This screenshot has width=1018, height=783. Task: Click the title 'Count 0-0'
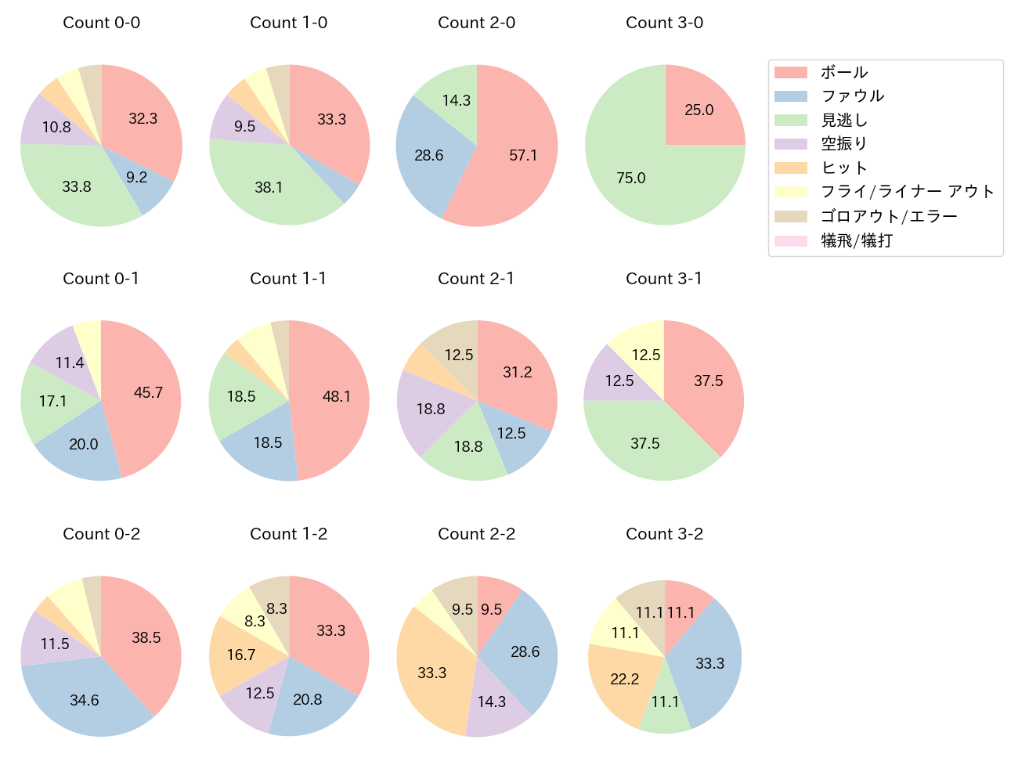pos(101,23)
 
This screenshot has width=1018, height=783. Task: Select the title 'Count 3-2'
pos(664,534)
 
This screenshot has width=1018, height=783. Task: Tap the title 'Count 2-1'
pos(476,279)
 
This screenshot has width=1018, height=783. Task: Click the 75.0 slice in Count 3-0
pos(631,178)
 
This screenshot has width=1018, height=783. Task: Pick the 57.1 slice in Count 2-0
pos(523,155)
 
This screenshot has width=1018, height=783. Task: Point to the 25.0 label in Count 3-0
pos(699,110)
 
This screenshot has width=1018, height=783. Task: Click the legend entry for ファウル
pos(852,96)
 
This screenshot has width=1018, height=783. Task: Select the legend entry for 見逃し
pos(843,121)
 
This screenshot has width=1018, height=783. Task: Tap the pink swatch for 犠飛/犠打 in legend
pos(790,241)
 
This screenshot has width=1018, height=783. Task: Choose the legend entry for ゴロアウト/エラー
pos(889,217)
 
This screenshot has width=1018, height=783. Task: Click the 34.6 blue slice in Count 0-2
pos(85,700)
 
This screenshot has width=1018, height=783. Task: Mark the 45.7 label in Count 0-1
pos(148,392)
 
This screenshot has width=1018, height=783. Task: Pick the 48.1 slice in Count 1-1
pos(337,396)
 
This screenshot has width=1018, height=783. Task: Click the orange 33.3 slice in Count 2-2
pos(431,673)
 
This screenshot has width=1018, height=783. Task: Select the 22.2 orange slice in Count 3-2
pos(625,679)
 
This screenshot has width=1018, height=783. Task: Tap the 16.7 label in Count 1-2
pos(241,655)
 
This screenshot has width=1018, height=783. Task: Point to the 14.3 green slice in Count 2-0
pos(456,100)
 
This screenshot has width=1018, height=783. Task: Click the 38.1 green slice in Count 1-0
pos(269,187)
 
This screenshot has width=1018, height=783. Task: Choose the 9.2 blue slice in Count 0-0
pos(137,178)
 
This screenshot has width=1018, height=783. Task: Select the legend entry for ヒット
pos(843,168)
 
